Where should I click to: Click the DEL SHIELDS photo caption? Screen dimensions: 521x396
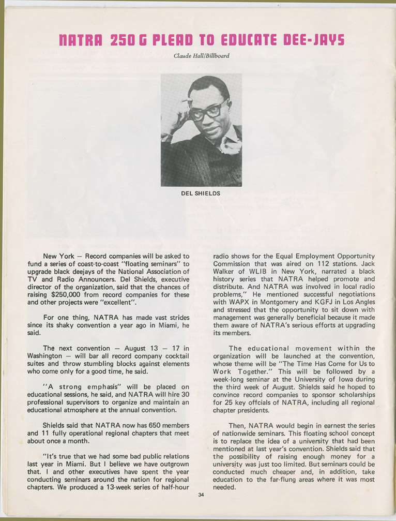[201, 193]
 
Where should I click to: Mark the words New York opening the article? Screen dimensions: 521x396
[58, 256]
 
